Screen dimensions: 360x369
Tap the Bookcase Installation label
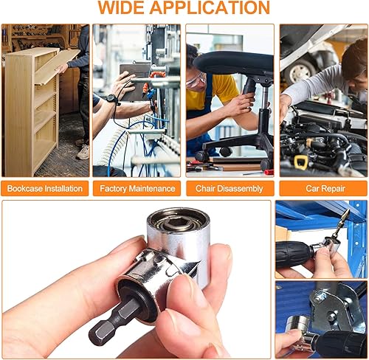coord(45,188)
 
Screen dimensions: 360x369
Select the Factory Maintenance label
coord(137,188)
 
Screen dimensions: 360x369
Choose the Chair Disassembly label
coord(230,188)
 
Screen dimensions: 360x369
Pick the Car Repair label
coord(322,188)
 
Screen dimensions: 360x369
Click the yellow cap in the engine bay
coord(300,160)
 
